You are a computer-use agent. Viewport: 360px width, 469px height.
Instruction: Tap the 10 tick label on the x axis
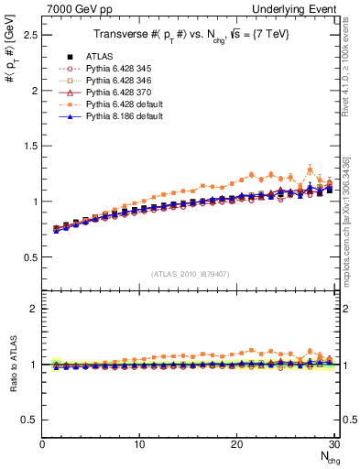(139, 445)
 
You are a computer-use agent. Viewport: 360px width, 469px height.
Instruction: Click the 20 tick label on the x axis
(236, 445)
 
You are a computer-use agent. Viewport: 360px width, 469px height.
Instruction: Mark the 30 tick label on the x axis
(333, 445)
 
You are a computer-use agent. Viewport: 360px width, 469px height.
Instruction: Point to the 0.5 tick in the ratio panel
(29, 420)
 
